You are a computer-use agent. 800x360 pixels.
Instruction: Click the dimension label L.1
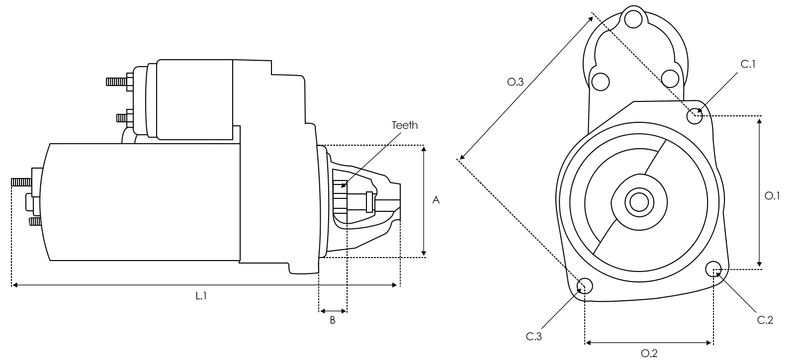click(200, 297)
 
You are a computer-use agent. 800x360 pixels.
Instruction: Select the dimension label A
click(436, 200)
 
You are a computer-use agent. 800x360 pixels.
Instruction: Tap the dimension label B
click(332, 321)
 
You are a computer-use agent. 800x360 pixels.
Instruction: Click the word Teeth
click(405, 125)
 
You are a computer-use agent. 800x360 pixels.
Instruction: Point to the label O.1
click(773, 196)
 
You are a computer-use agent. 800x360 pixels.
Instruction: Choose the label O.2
click(648, 351)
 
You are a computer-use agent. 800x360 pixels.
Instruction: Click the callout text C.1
click(748, 64)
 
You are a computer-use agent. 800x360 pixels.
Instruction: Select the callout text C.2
click(765, 319)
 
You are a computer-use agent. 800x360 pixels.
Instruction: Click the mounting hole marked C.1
click(696, 115)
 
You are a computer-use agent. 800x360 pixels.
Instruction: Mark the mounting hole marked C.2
click(714, 269)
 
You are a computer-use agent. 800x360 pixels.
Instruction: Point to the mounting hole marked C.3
click(585, 288)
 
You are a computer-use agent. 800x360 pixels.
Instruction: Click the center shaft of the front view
click(637, 201)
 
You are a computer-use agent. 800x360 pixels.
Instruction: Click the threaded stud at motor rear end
click(20, 184)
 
